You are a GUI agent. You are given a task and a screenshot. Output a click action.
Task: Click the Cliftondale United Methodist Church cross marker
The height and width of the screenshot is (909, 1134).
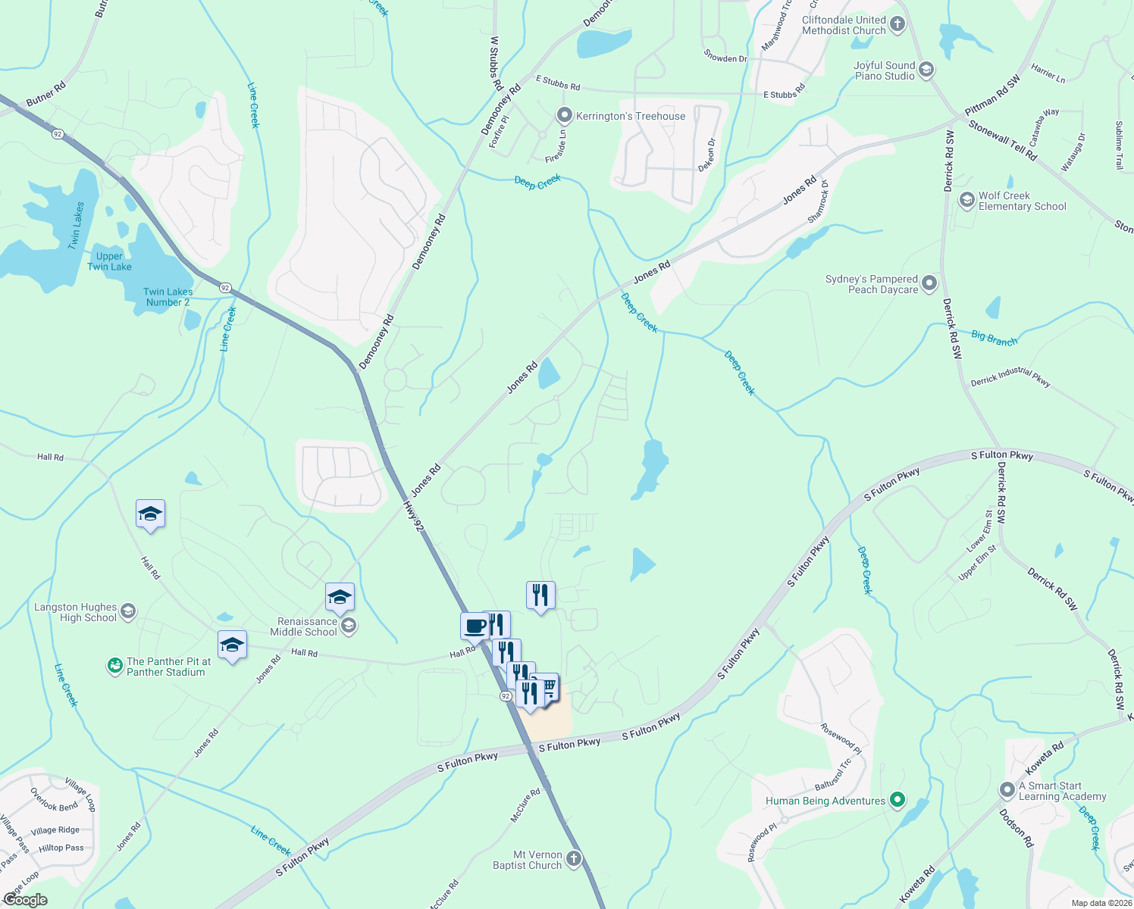897,24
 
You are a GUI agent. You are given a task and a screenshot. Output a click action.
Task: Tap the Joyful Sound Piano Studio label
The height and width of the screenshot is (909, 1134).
885,71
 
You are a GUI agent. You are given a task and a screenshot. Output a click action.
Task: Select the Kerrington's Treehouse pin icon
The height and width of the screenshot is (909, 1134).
564,116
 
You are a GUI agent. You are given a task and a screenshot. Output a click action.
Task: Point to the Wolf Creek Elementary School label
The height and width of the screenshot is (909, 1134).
1022,201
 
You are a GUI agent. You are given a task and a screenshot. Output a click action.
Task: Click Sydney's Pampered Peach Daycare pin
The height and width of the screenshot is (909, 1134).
929,284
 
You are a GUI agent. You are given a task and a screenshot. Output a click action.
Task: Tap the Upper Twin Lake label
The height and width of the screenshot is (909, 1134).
109,261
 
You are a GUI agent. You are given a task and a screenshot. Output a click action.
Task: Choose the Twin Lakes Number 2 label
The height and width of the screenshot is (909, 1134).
168,297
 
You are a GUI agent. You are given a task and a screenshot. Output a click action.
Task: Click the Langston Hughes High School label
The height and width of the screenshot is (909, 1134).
76,612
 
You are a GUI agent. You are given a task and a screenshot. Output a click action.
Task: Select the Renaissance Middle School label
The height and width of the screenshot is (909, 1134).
303,626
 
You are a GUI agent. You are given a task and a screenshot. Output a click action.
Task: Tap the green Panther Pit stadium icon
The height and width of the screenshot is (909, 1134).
114,666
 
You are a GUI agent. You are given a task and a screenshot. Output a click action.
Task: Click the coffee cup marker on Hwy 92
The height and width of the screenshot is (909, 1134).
475,626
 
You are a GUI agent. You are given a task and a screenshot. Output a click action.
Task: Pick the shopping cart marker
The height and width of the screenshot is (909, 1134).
547,686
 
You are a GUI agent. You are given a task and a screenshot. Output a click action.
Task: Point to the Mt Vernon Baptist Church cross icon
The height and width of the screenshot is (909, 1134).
574,859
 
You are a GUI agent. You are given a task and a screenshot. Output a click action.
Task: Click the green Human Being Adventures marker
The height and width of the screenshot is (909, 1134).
897,800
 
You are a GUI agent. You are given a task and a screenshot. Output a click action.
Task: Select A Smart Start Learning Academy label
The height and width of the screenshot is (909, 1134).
1062,791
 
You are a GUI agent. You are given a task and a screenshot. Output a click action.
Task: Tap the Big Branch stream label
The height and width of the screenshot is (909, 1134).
994,339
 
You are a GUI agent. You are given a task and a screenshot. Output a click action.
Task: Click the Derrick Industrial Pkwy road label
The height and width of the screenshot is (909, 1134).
1010,376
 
